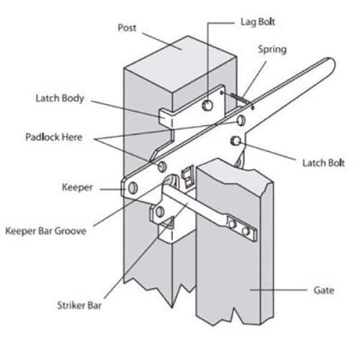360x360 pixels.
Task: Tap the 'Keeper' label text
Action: click(x=77, y=188)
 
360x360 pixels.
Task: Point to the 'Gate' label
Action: click(x=324, y=290)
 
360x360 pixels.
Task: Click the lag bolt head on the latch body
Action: click(x=208, y=106)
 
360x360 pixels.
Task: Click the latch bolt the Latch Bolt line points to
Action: click(x=236, y=141)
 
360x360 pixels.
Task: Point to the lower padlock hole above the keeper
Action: click(x=163, y=164)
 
